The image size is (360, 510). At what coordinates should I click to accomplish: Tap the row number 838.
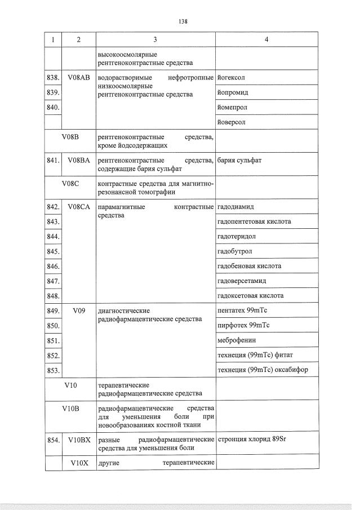point(53,77)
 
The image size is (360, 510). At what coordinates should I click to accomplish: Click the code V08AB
point(78,77)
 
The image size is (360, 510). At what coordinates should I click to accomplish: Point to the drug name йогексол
point(231,77)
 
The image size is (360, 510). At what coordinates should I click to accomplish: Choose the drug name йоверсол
point(232,122)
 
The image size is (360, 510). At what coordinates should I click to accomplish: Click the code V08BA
point(78,160)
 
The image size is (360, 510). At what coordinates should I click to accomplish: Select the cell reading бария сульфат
point(239,160)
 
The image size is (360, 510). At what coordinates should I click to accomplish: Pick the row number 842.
point(53,207)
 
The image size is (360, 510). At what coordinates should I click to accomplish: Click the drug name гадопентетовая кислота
point(254,221)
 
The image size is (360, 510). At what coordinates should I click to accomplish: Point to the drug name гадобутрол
point(234,251)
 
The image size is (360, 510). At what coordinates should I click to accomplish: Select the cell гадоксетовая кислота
point(250,295)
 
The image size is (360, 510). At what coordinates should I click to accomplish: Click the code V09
point(78,310)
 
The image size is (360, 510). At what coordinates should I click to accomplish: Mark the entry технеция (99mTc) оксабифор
point(262,370)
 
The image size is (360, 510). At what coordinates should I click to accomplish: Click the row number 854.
point(53,438)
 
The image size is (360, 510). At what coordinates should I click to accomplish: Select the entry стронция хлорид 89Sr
point(252,438)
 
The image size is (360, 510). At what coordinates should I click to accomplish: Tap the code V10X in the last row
point(78,462)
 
